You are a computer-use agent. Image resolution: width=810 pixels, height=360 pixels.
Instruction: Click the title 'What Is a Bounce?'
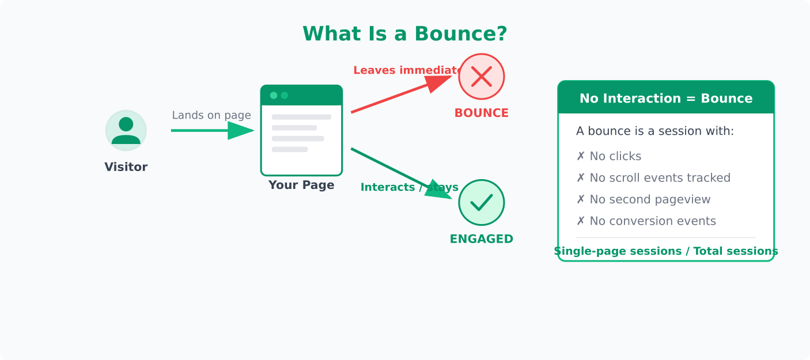[x=404, y=34]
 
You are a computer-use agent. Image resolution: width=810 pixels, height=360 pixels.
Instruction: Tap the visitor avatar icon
[x=126, y=131]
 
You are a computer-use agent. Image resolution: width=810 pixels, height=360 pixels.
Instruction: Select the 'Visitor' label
[x=126, y=167]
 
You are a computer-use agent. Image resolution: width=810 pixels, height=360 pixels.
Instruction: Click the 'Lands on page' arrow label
[x=211, y=115]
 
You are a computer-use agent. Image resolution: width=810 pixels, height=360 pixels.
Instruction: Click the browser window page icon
[x=301, y=130]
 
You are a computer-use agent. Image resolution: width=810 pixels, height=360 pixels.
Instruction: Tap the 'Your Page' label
[x=301, y=185]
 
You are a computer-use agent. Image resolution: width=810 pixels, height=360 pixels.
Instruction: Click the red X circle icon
[x=481, y=77]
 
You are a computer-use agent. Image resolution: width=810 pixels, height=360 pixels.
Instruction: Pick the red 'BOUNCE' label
[x=481, y=113]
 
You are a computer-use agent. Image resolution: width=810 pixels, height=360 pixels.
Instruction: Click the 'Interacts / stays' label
[x=409, y=187]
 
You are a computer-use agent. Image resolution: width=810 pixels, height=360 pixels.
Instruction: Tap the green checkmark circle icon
[x=481, y=202]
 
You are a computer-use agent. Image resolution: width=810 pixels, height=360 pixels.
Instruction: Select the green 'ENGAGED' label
[x=481, y=239]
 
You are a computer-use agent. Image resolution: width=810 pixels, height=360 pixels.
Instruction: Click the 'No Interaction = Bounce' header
[x=665, y=98]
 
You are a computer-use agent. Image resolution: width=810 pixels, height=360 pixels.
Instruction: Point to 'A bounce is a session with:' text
[x=654, y=131]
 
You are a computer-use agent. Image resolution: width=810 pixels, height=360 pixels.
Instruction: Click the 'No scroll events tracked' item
[x=653, y=178]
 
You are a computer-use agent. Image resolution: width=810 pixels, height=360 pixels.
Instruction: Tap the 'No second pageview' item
[x=643, y=199]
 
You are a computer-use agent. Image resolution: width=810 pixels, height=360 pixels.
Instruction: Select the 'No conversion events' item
[x=646, y=221]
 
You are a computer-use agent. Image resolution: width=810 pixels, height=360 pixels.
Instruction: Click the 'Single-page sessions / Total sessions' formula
[x=665, y=251]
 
